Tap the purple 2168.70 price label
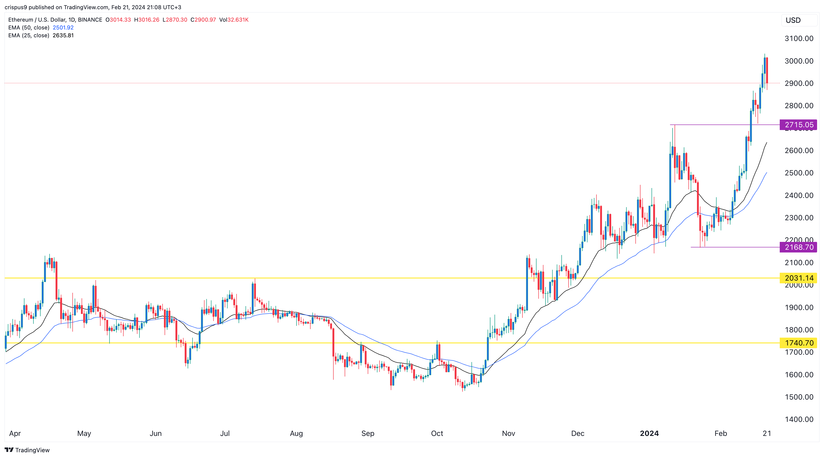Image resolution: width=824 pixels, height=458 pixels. pyautogui.click(x=798, y=247)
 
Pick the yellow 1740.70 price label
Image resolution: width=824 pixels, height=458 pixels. pyautogui.click(x=798, y=343)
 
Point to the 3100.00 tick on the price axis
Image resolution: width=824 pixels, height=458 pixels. pyautogui.click(x=799, y=38)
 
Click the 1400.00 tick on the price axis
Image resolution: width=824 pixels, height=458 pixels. pyautogui.click(x=799, y=419)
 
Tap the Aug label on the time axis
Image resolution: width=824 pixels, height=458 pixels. pyautogui.click(x=296, y=433)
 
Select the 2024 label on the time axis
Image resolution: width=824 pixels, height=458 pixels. pyautogui.click(x=649, y=433)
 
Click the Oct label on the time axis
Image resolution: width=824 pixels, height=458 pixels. pyautogui.click(x=437, y=433)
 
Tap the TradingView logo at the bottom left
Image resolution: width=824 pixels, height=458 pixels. pyautogui.click(x=27, y=450)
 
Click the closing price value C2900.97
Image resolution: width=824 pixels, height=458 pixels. pyautogui.click(x=203, y=20)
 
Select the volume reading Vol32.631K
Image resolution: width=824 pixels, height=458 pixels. pyautogui.click(x=234, y=20)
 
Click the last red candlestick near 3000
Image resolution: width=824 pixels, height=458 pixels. pyautogui.click(x=767, y=70)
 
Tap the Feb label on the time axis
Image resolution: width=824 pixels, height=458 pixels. pyautogui.click(x=721, y=433)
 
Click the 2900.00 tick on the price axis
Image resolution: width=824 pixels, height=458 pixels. pyautogui.click(x=799, y=83)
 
